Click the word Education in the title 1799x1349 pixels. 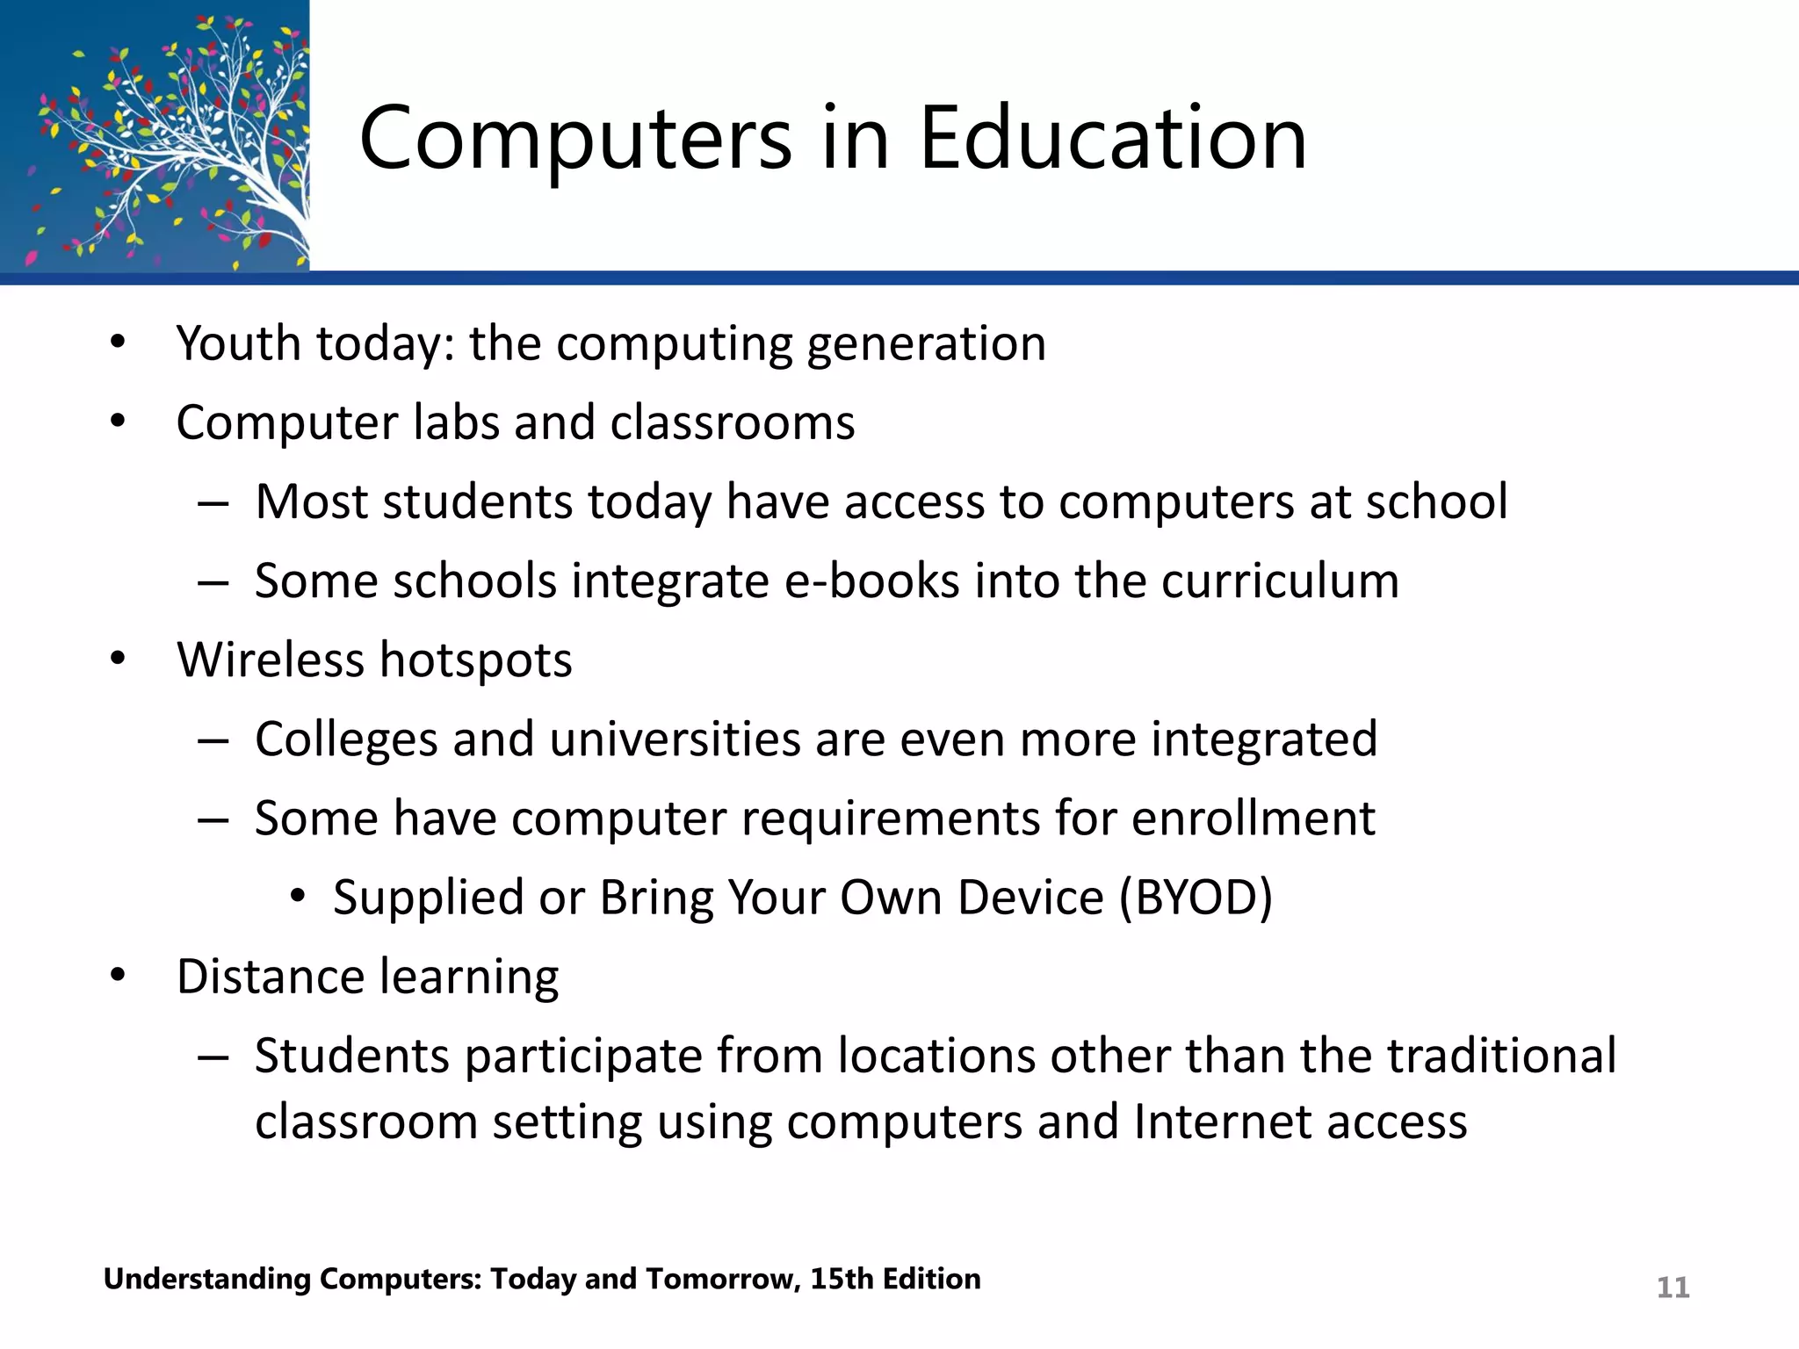tap(1113, 138)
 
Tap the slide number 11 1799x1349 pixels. tap(1673, 1288)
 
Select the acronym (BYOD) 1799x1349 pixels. tap(1196, 898)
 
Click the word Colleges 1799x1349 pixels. tap(346, 739)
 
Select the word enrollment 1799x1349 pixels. tap(1253, 819)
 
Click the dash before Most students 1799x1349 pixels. tap(213, 503)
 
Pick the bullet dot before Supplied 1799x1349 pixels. tap(298, 897)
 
